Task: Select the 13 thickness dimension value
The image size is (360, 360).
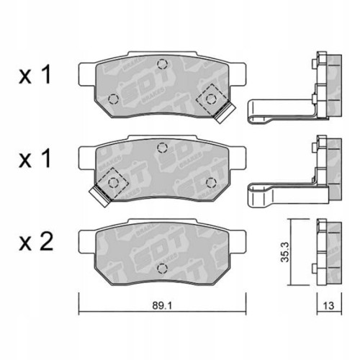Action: point(328,305)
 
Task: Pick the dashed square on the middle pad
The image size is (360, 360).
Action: point(112,182)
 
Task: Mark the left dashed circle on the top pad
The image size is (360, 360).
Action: point(112,99)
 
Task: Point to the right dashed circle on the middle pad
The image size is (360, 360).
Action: point(212,183)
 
